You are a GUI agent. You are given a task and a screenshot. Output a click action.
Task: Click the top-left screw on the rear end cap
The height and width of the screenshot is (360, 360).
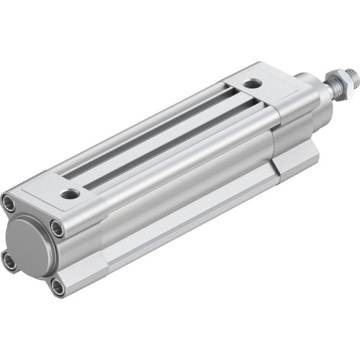pyautogui.click(x=9, y=202)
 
